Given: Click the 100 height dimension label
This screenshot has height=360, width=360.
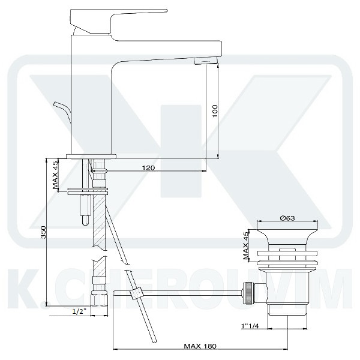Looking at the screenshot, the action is pos(215,111).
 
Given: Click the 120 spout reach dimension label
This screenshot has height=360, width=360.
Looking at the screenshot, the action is pos(149,168).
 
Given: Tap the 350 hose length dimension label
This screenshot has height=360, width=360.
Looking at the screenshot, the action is pos(43,232).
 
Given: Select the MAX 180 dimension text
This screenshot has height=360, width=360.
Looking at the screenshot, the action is pos(200,346).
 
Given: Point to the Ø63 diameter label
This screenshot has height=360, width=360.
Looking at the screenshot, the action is pos(287,218).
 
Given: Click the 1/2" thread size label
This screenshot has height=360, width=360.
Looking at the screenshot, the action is pos(79,311).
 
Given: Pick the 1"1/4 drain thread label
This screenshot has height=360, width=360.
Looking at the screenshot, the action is pos(250,326).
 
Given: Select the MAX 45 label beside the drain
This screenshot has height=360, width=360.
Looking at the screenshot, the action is pos(246,245).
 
